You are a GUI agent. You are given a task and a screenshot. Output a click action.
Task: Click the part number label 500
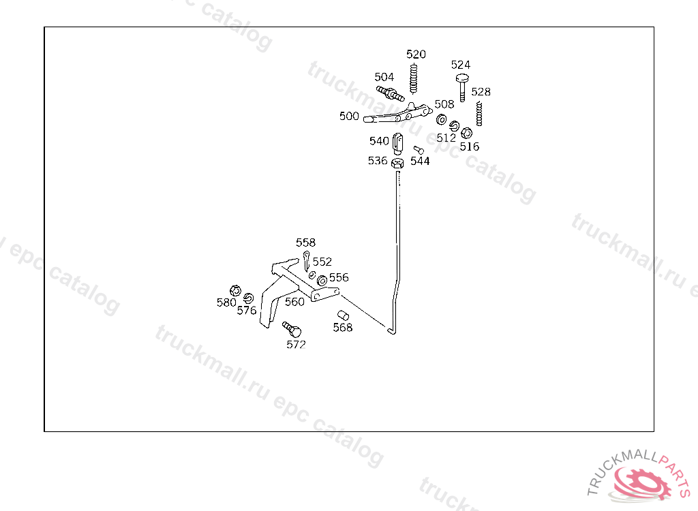coord(349,116)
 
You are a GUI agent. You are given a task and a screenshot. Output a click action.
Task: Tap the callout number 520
coord(416,55)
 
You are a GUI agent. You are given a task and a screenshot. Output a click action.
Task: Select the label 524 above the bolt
coord(461,65)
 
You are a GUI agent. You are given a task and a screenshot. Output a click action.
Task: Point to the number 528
coord(481,92)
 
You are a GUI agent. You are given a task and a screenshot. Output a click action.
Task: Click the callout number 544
coord(420,161)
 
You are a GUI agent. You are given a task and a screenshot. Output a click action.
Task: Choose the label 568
coord(343,328)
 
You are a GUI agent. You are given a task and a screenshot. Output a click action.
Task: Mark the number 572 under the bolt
coord(296,345)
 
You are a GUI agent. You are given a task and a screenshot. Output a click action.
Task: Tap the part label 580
coord(226,303)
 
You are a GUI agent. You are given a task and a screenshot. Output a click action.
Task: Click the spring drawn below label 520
coord(414,78)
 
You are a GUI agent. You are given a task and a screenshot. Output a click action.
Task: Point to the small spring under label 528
coord(479,113)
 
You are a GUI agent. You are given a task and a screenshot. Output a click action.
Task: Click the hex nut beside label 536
coord(398,162)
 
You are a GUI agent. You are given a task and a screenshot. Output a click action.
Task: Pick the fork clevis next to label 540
coord(399,143)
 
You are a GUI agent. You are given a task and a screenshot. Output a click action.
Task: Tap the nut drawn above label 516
coord(467,133)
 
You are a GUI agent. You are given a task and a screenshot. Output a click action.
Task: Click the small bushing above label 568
coord(344,315)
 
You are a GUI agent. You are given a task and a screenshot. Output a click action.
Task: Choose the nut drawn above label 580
coord(235,290)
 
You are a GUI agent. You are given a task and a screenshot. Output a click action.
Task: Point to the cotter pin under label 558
coord(307,259)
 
